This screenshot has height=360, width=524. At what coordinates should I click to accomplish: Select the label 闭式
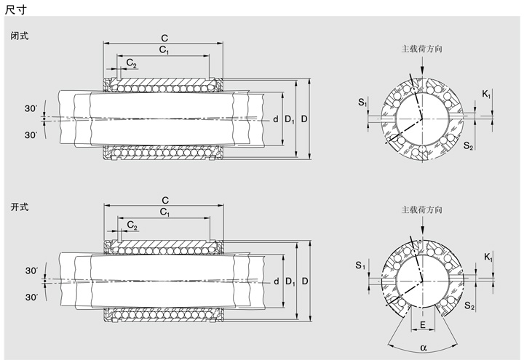[x=20, y=36]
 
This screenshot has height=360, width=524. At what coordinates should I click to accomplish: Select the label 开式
[x=20, y=207]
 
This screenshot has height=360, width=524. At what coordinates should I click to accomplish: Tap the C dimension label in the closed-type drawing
[x=164, y=36]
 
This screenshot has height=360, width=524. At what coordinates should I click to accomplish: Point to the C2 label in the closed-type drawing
[x=131, y=64]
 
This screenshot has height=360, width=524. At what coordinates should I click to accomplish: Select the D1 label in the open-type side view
[x=290, y=281]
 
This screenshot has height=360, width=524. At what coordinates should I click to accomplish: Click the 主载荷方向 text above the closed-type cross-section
[x=422, y=49]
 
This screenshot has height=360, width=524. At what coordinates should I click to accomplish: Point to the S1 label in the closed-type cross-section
[x=362, y=103]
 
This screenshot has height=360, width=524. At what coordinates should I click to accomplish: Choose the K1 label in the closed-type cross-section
[x=486, y=95]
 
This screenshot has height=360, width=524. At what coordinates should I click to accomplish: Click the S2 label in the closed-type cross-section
[x=469, y=146]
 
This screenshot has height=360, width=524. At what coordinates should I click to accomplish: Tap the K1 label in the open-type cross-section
[x=487, y=258]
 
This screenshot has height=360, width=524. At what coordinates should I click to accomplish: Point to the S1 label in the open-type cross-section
[x=362, y=266]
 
